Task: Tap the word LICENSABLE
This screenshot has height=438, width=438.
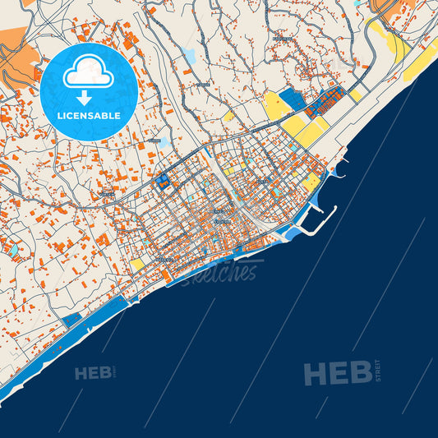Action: click(89, 117)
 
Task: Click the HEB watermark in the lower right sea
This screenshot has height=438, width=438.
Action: click(337, 374)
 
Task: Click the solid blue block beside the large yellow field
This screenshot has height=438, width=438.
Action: click(291, 101)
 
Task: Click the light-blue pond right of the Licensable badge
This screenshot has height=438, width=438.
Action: click(190, 56)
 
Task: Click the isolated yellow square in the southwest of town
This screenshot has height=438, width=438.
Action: click(136, 264)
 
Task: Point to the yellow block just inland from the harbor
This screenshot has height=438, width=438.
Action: click(312, 182)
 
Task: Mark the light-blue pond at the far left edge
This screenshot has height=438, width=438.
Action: click(12, 247)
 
